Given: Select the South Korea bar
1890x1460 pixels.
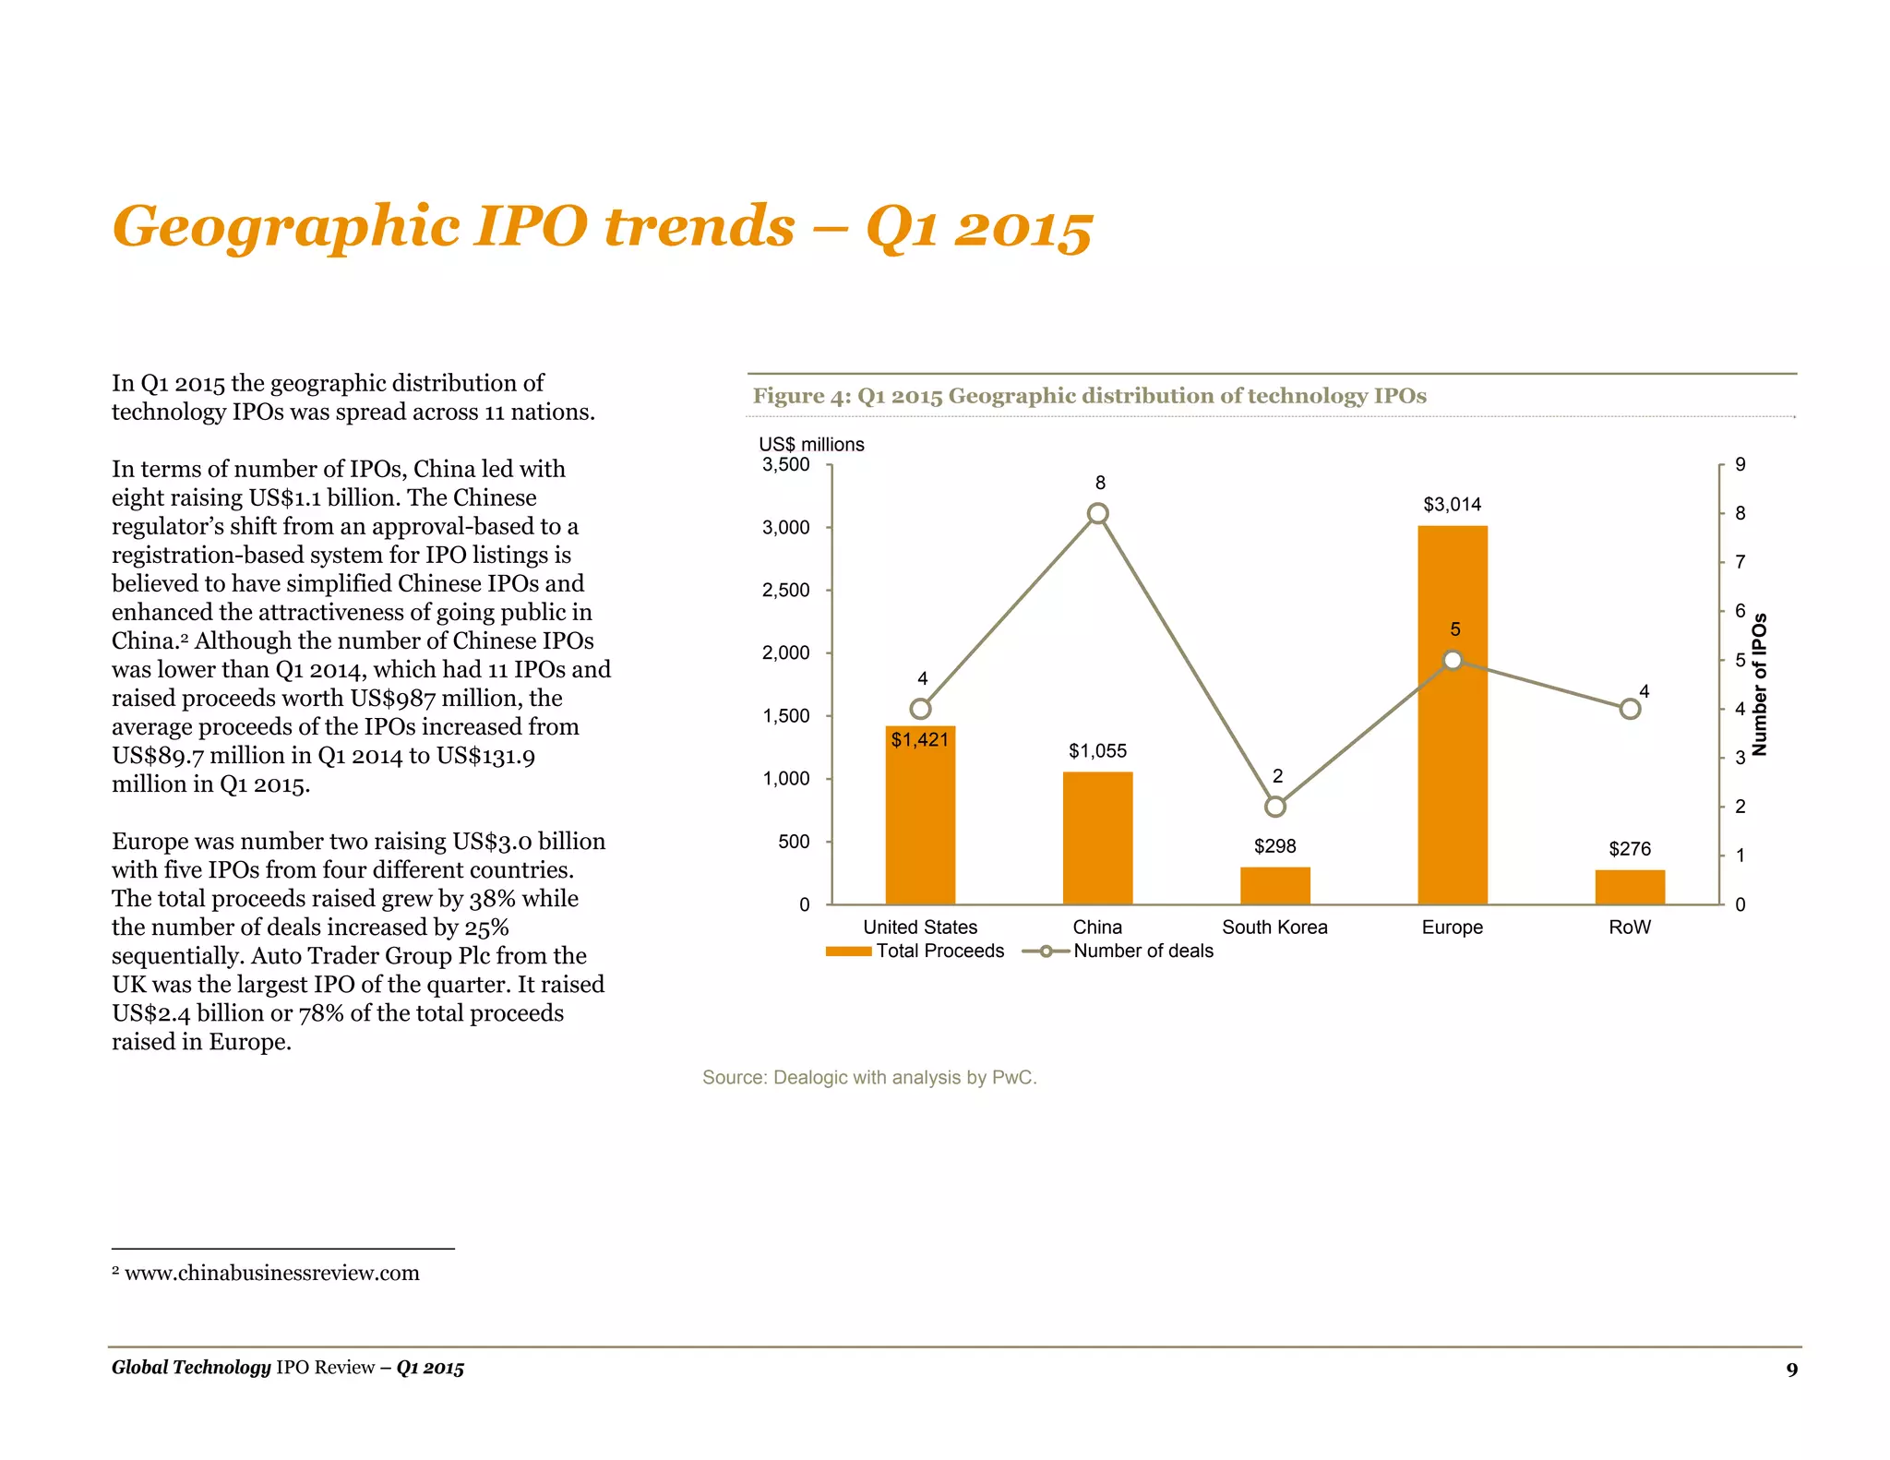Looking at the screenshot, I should tap(1274, 885).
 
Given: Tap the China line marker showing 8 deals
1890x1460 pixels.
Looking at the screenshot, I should tap(1097, 513).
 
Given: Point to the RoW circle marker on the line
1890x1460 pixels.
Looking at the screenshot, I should tap(1630, 709).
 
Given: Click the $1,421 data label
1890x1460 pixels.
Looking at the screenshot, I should tap(919, 739).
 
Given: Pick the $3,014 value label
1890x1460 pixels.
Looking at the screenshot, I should tap(1452, 505).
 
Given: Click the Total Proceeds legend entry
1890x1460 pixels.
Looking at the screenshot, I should tap(915, 951).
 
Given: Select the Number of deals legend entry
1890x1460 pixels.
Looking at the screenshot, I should tap(1118, 951).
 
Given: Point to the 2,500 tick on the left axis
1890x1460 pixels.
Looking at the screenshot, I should tap(785, 590).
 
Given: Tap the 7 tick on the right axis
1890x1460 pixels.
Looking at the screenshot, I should tap(1740, 562).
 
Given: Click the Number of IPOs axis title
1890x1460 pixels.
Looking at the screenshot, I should tap(1759, 685).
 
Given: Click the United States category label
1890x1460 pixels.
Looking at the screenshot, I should tap(919, 927).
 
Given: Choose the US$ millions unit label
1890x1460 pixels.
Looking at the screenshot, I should tap(811, 445).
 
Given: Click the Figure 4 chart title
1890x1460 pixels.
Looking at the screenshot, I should tap(1089, 396).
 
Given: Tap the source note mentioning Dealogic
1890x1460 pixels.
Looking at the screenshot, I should tap(869, 1077).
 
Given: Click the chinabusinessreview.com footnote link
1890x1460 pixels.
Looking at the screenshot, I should tap(271, 1274).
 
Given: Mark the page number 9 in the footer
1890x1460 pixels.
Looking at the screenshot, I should tap(1791, 1369).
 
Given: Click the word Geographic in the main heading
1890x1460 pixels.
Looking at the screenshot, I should tap(286, 226).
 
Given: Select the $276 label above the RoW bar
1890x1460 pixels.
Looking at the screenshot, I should tap(1629, 849).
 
